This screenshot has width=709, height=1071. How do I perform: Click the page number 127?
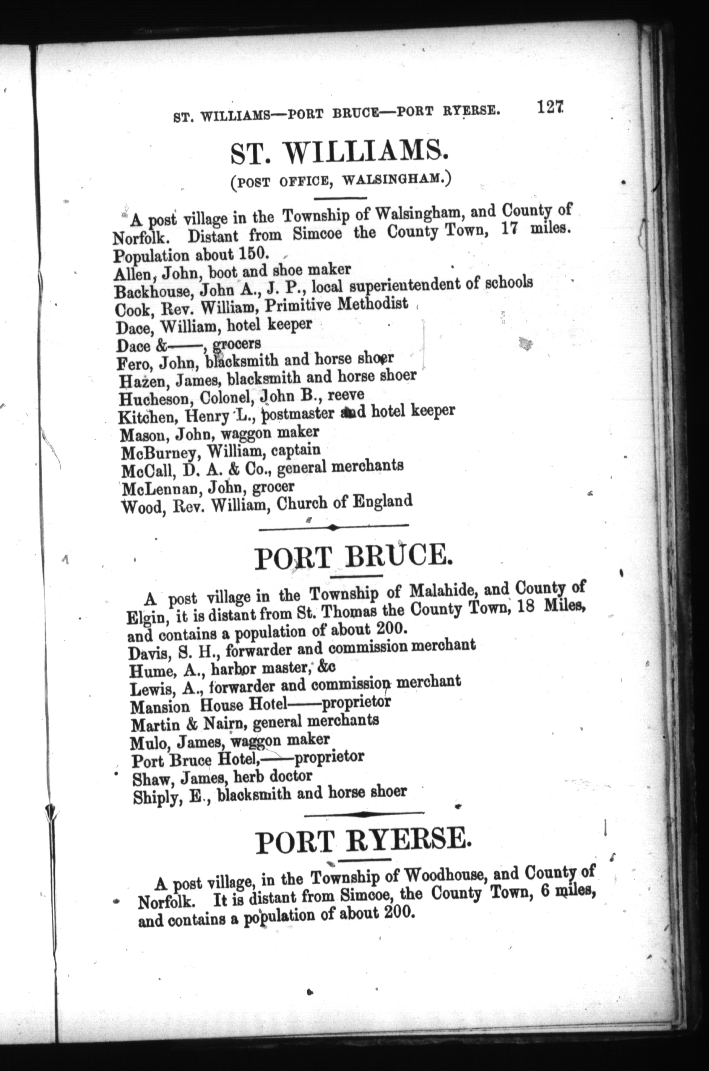click(x=550, y=108)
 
